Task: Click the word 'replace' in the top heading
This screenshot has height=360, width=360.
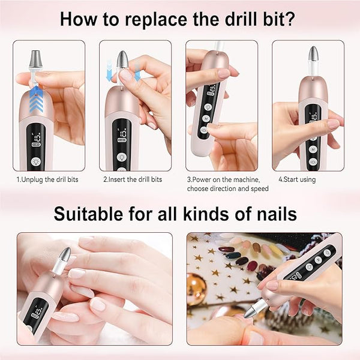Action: click(x=157, y=20)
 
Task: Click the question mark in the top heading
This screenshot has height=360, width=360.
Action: click(x=290, y=19)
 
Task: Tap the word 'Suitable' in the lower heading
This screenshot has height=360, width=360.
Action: click(x=88, y=214)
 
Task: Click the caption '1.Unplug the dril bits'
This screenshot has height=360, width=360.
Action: click(x=47, y=179)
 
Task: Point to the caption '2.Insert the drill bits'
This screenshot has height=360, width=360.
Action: click(x=133, y=179)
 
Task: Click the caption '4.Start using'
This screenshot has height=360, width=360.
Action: click(x=297, y=180)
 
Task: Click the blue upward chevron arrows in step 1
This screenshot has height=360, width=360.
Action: click(x=36, y=99)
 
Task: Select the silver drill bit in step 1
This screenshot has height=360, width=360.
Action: click(x=35, y=59)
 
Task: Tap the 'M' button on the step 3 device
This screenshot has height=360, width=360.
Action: click(x=206, y=119)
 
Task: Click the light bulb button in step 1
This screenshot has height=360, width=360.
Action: click(x=35, y=162)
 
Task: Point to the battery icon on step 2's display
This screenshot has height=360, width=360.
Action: click(x=122, y=140)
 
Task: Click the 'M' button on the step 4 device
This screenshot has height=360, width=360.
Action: click(x=313, y=149)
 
